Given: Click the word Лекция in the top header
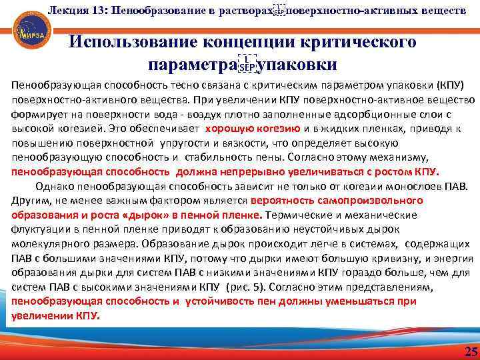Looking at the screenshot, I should tap(66, 10).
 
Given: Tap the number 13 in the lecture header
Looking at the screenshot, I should tap(99, 10).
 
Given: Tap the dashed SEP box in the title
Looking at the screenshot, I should tap(247, 65).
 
